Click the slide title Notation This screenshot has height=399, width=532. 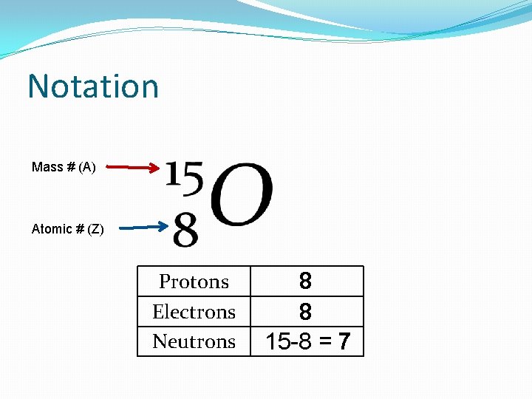click(x=93, y=86)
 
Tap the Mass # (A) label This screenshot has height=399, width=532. click(x=64, y=167)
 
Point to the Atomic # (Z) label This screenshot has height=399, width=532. click(x=68, y=229)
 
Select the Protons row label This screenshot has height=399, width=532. click(x=194, y=282)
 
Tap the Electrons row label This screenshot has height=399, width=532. click(x=194, y=312)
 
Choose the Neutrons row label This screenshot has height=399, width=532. click(x=194, y=341)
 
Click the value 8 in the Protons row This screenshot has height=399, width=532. click(x=305, y=282)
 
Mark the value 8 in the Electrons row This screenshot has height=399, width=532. click(x=305, y=312)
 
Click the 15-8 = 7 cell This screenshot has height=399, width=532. click(x=307, y=342)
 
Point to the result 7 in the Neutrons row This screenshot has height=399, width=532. click(x=344, y=342)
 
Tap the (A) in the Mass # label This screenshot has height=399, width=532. click(x=86, y=167)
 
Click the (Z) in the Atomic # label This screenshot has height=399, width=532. click(x=96, y=229)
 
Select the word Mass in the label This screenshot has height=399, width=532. click(x=47, y=167)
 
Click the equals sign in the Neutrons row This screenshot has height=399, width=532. click(x=324, y=342)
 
